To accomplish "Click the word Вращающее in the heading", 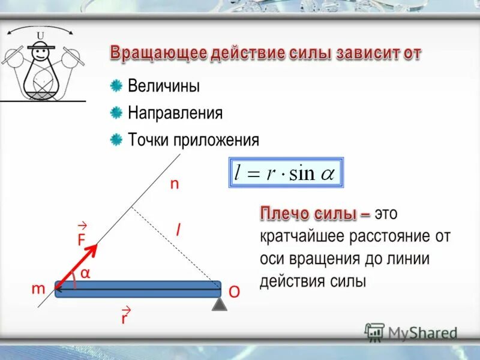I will [x=158, y=53].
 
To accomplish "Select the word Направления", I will [x=175, y=113].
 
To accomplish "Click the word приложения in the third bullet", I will [x=217, y=140].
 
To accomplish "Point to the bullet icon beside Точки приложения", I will [x=116, y=140].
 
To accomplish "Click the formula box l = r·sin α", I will [x=287, y=173].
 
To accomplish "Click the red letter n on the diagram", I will [x=174, y=184].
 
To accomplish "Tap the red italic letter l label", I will [x=178, y=229].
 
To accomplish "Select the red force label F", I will [x=81, y=239].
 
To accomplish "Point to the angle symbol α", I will [x=85, y=274].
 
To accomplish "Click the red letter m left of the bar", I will [x=38, y=289].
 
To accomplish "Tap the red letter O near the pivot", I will [x=234, y=292].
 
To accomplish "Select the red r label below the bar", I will [x=124, y=318].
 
